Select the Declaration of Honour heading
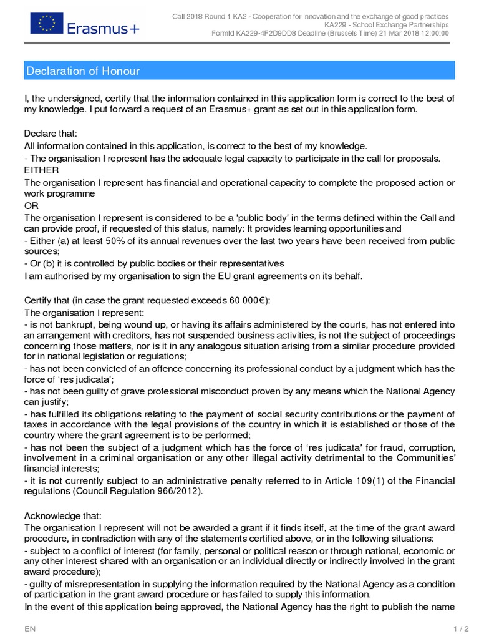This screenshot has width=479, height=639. pos(83,71)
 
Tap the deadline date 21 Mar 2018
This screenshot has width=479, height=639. pos(397,33)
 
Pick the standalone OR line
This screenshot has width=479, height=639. pos(31,205)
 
